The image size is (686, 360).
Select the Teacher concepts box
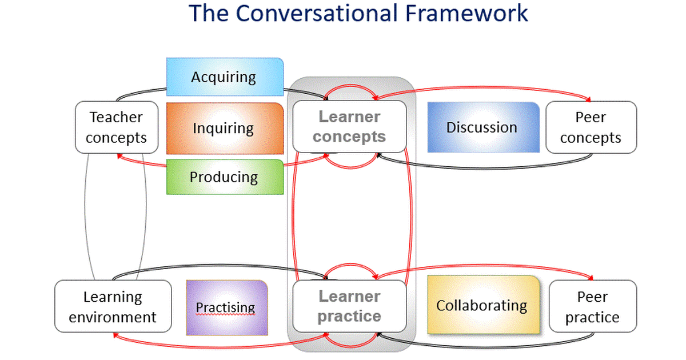tap(117, 127)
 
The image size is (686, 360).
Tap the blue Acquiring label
tap(225, 77)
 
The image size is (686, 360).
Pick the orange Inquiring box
tap(225, 128)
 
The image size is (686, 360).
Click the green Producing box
tap(225, 177)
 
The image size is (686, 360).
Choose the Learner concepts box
tap(349, 126)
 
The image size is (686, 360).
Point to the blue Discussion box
tap(482, 127)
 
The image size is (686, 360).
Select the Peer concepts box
tap(591, 127)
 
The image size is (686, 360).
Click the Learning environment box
tap(113, 306)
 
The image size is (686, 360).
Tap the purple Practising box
tap(226, 307)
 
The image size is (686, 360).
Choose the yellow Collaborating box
tap(482, 305)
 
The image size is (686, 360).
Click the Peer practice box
tap(592, 306)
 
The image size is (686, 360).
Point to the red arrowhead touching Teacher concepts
tap(118, 155)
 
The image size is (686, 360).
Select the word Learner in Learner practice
tap(349, 297)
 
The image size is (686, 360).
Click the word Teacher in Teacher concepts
tap(116, 118)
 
